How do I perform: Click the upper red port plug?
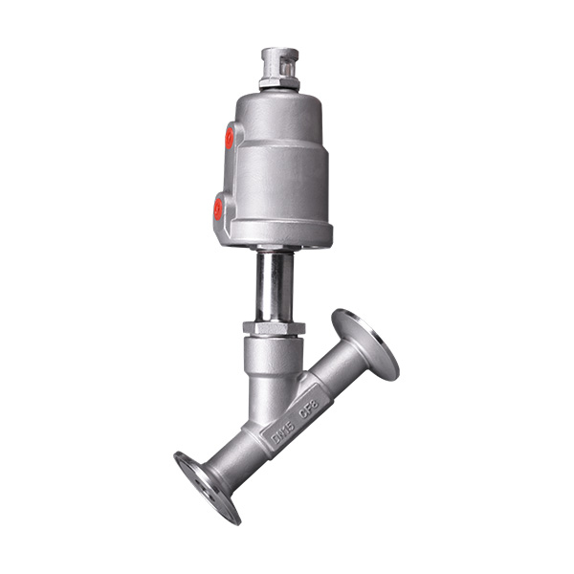(230, 139)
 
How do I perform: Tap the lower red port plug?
(218, 207)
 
